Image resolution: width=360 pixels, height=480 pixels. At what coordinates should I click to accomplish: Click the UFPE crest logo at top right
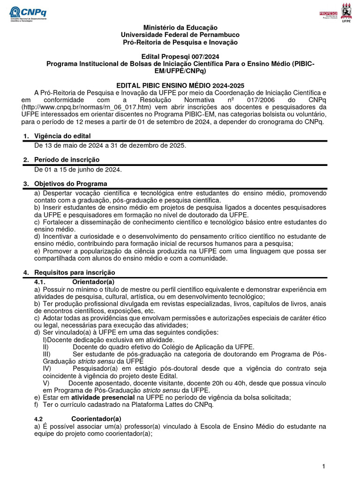coord(346,12)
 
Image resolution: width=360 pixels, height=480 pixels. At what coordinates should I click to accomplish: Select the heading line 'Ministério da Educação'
coord(180,28)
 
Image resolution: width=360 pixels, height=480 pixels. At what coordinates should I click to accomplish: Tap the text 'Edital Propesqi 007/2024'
coord(180,56)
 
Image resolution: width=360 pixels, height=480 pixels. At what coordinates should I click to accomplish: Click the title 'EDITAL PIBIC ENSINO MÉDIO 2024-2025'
coord(180,85)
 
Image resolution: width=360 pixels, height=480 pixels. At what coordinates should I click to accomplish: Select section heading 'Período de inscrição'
coord(67,160)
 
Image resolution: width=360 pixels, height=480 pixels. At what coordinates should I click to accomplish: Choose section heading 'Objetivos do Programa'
coord(70,184)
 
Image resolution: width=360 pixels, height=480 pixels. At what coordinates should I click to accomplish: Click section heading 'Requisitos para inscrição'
coord(75,272)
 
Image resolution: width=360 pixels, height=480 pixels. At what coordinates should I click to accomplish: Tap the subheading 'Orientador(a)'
coord(93,281)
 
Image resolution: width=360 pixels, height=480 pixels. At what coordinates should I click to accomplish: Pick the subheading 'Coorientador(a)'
coord(96,419)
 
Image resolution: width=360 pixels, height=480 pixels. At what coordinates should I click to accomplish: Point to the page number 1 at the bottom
coord(323,466)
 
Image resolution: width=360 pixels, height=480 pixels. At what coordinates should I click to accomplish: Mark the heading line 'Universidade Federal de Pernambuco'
coord(180,35)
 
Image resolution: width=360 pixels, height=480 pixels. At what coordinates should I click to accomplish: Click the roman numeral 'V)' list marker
coord(46,383)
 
